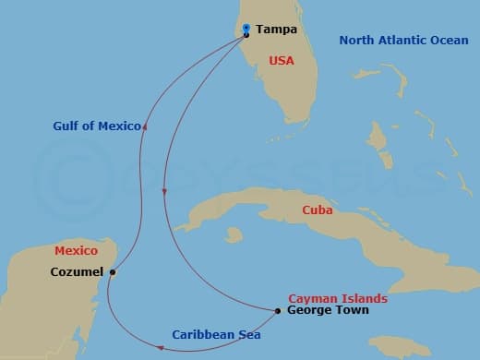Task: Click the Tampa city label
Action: click(277, 29)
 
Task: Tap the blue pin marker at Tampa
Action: click(246, 29)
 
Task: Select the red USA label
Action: click(281, 61)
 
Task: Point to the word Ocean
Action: click(449, 41)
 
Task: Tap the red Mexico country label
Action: click(77, 250)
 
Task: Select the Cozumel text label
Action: click(78, 272)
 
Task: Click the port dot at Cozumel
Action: click(113, 272)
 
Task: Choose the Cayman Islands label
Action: click(337, 299)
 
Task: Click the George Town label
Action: click(328, 311)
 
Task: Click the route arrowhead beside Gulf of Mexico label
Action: click(148, 126)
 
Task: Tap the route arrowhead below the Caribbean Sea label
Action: click(161, 348)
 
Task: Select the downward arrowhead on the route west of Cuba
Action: click(163, 191)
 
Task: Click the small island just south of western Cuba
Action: click(234, 237)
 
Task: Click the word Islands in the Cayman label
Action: click(364, 299)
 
